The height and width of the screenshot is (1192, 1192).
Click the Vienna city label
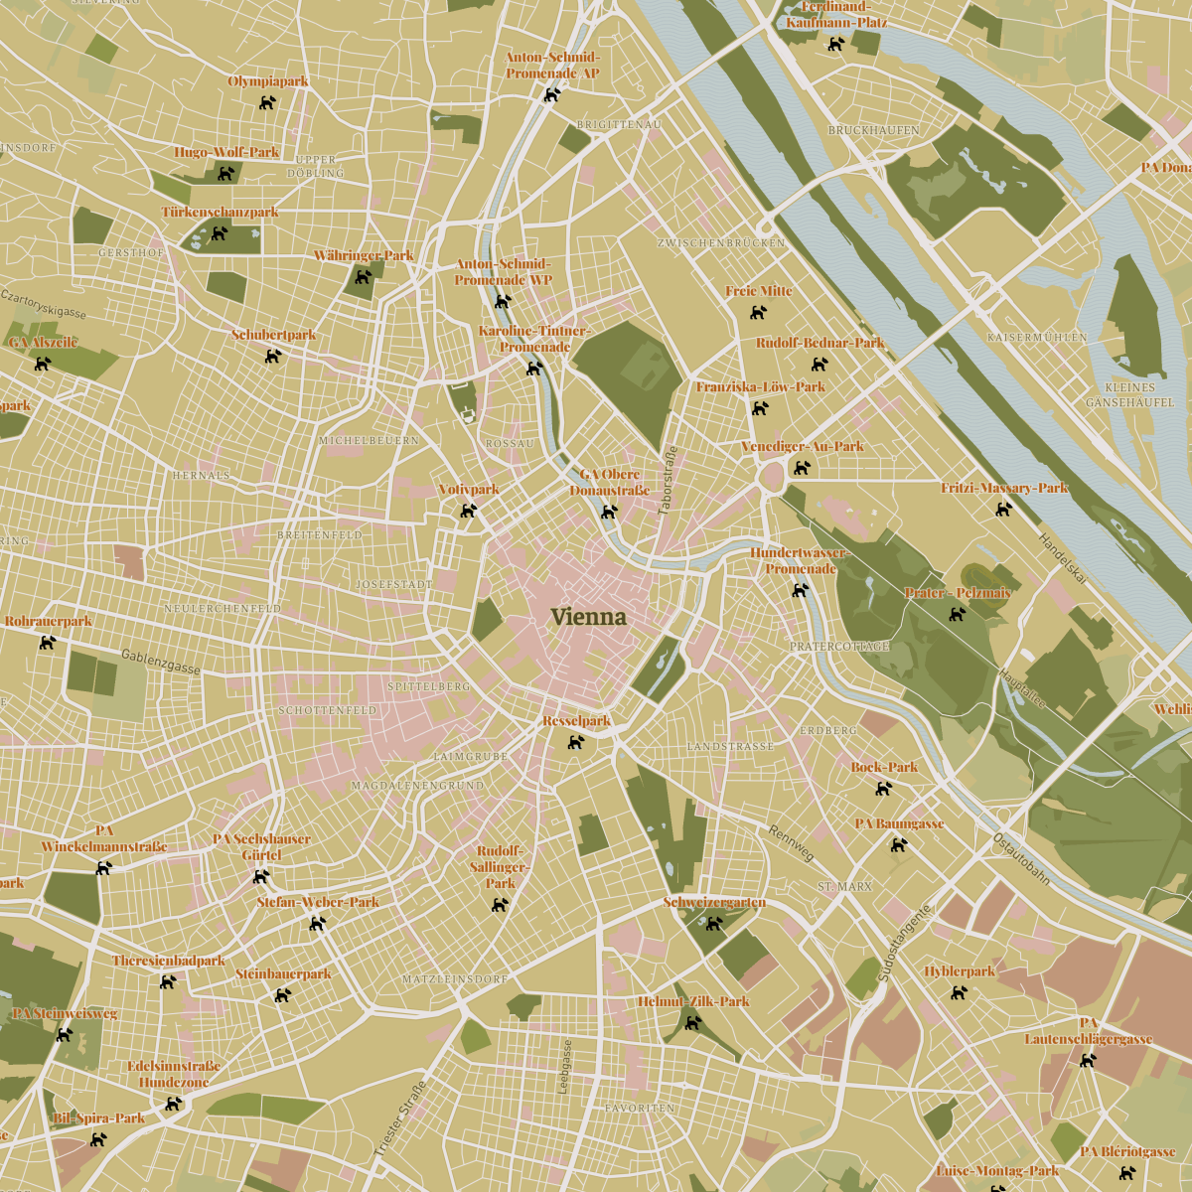coord(589,617)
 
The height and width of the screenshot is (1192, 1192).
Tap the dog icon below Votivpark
coord(468,511)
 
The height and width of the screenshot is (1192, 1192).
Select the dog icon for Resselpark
coord(575,741)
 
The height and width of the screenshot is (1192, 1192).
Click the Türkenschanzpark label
coord(221,213)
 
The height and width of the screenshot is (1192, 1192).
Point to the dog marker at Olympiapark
coord(267,101)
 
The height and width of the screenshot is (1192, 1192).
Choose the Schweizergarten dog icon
coord(713,923)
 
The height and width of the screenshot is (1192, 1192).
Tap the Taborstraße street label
coord(669,481)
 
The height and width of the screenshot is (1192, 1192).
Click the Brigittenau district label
coord(619,125)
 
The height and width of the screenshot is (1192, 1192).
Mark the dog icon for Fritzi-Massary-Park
coord(1004,509)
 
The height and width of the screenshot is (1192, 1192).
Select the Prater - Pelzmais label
coord(958,593)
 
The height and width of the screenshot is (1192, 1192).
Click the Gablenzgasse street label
coord(161,663)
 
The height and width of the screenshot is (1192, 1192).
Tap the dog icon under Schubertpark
coord(273,355)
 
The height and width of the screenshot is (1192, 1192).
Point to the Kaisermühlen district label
coord(1037,338)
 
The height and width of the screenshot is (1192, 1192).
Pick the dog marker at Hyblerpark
coord(959,991)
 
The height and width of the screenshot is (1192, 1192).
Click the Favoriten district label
coord(640,1108)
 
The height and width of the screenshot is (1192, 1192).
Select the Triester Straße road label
coord(399,1118)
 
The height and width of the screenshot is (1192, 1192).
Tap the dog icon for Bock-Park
coord(883,788)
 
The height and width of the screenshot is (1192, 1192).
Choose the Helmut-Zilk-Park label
coord(693,1001)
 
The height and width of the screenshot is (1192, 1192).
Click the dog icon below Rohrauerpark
coord(47,642)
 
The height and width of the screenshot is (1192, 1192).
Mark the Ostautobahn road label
coord(1021,858)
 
